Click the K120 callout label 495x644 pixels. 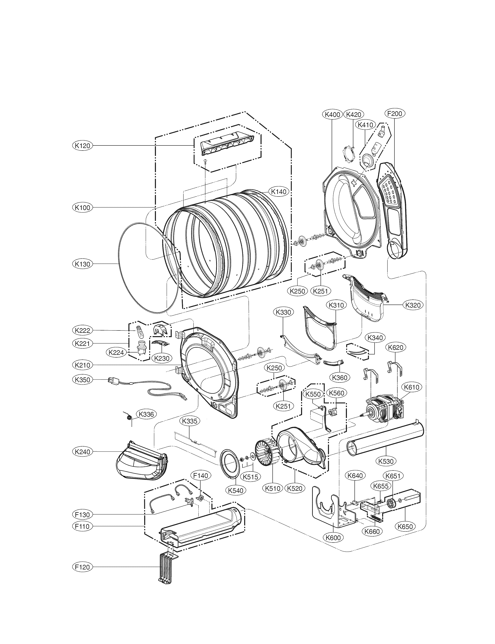point(82,145)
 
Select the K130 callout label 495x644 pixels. point(82,264)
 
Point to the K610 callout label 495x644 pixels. point(412,387)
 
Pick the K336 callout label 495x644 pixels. point(146,414)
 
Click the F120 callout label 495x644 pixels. point(82,567)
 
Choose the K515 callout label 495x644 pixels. point(250,477)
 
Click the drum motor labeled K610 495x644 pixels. point(383,411)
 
